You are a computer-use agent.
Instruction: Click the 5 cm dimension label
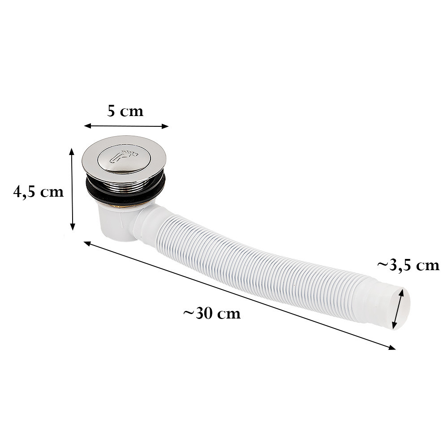[125, 111]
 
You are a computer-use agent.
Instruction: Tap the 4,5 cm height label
[39, 192]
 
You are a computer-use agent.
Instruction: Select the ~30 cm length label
[212, 313]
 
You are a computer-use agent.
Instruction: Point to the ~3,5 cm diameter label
[408, 265]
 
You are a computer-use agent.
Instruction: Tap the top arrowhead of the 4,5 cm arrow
[71, 151]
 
